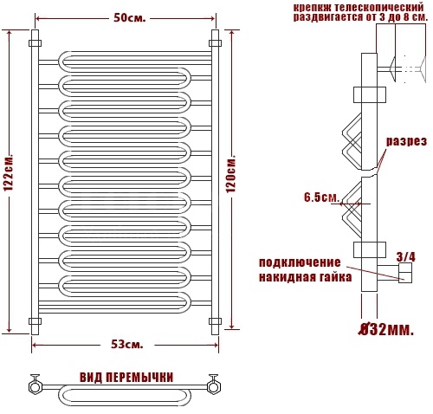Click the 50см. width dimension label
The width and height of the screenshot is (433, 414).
(130, 18)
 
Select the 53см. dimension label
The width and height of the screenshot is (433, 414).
(127, 344)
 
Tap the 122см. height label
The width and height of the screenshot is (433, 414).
(9, 173)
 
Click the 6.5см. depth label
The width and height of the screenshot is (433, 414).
(321, 197)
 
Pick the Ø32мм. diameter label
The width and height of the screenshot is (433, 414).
(386, 330)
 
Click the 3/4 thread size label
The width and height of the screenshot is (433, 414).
(406, 256)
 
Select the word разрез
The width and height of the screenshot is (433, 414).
(406, 141)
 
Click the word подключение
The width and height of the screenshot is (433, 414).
(300, 263)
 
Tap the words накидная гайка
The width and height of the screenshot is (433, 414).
(306, 277)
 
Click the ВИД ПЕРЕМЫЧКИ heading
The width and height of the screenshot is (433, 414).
(126, 378)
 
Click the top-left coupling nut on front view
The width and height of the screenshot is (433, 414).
(35, 43)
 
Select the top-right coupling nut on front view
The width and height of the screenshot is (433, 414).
(215, 43)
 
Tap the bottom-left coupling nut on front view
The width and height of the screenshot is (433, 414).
(35, 321)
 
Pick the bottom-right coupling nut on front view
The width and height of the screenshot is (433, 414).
(215, 321)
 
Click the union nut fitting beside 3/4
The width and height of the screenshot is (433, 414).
(405, 273)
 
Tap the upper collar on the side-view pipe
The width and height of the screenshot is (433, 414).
(370, 94)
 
